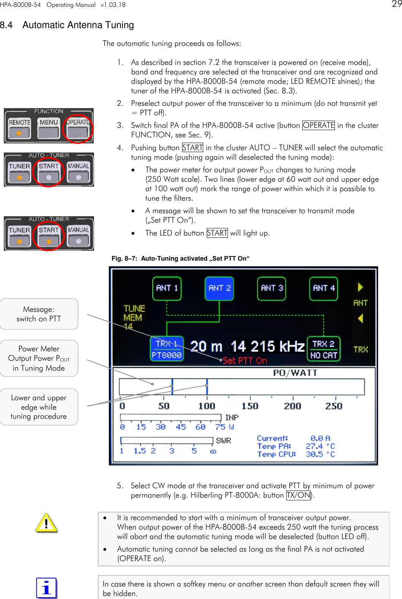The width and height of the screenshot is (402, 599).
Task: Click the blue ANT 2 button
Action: (x=219, y=288)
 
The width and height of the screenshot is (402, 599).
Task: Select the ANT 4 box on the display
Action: (x=323, y=288)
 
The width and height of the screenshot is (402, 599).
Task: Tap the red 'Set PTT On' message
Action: (x=245, y=360)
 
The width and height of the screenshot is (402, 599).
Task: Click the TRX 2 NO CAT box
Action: (x=323, y=349)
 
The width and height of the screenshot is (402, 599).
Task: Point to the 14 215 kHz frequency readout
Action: (x=267, y=346)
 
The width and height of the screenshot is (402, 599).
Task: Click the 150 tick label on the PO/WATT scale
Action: (x=250, y=406)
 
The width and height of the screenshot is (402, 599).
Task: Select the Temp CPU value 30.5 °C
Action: (x=320, y=454)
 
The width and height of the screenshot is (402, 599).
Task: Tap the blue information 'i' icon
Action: (x=46, y=588)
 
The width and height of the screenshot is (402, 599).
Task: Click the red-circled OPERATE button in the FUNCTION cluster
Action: (x=78, y=128)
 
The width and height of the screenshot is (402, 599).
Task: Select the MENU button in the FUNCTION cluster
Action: (x=49, y=128)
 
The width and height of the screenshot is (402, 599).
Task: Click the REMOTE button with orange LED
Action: (x=19, y=128)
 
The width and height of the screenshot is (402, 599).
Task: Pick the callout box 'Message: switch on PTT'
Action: (x=39, y=314)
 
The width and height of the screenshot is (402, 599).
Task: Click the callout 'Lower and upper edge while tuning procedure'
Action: (x=39, y=407)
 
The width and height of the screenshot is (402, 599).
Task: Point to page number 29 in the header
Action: (x=397, y=5)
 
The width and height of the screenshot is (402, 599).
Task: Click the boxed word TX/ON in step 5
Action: (x=298, y=495)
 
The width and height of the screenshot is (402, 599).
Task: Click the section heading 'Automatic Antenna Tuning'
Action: (x=78, y=25)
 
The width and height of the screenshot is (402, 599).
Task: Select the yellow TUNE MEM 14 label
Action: (x=133, y=317)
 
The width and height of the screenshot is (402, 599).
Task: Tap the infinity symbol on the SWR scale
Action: (x=213, y=451)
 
